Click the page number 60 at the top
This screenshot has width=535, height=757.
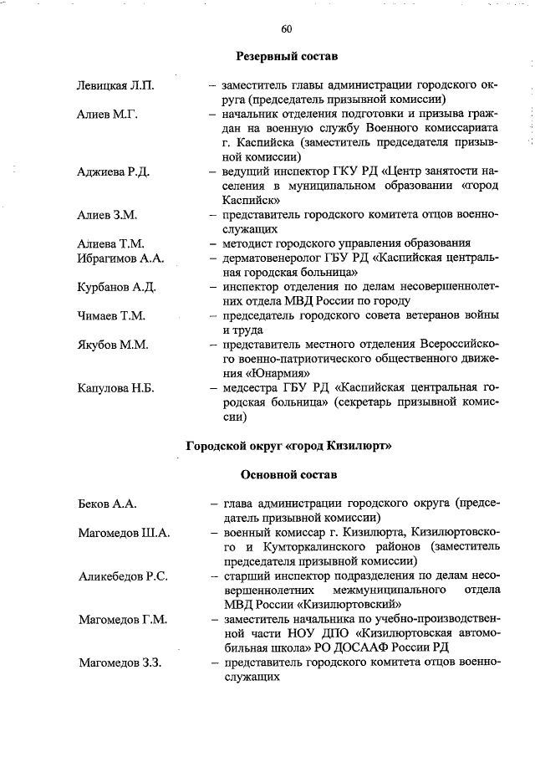[287, 29]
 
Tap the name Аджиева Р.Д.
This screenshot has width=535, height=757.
[114, 171]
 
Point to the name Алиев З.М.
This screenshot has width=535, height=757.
[108, 215]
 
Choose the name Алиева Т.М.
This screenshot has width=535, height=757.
[112, 243]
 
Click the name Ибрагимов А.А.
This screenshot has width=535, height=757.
[121, 258]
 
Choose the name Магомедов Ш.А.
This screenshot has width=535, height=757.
[125, 533]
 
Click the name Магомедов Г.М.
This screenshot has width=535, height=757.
[123, 619]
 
